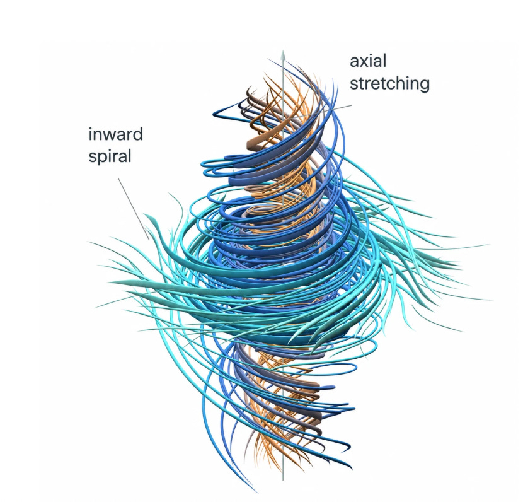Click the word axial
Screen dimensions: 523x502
(x=368, y=61)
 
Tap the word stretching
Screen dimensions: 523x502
(x=389, y=83)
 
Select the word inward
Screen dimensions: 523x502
(x=115, y=134)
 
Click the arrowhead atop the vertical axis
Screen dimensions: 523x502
(x=283, y=55)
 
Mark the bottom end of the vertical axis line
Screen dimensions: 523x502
(x=283, y=480)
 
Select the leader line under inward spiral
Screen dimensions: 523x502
(x=134, y=208)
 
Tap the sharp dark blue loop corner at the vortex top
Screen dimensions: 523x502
(x=214, y=115)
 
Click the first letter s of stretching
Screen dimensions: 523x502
(x=354, y=85)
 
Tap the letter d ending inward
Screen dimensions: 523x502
(x=138, y=134)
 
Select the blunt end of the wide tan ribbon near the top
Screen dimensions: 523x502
(x=248, y=144)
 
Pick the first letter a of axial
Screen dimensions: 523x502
(x=355, y=62)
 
